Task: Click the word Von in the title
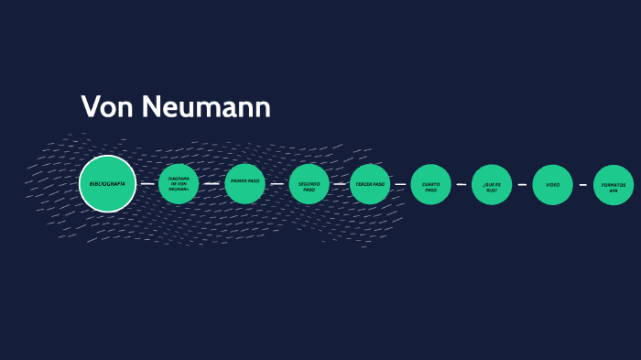tap(101, 107)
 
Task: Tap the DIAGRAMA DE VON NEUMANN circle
tap(179, 184)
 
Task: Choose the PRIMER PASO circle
tap(244, 184)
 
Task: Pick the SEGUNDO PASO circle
tap(309, 184)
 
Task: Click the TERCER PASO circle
tap(370, 184)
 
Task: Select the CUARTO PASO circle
tap(430, 184)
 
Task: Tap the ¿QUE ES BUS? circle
tap(492, 184)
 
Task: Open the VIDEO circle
tap(552, 184)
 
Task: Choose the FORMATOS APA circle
tap(614, 184)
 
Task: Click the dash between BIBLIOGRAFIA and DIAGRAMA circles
tap(147, 184)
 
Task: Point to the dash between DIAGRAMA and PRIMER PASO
tap(212, 184)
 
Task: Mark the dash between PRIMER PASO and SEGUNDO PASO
tap(277, 184)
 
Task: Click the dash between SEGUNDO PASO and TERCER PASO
tap(339, 184)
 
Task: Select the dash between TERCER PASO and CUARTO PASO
tap(400, 184)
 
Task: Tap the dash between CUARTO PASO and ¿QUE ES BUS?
tap(462, 184)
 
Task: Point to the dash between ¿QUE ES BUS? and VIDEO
tap(522, 184)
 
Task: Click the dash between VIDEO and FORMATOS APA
tap(582, 184)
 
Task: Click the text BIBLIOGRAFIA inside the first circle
tap(107, 184)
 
